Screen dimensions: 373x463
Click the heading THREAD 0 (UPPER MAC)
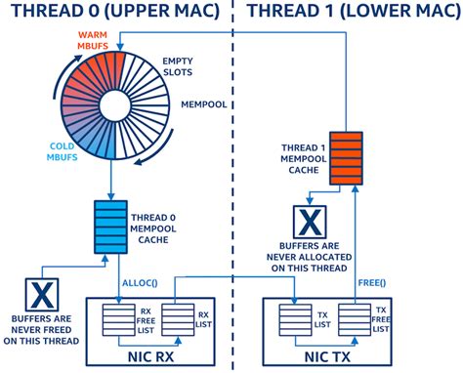[x=114, y=14]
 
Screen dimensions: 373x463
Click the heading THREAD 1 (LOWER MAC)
[x=349, y=14]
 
